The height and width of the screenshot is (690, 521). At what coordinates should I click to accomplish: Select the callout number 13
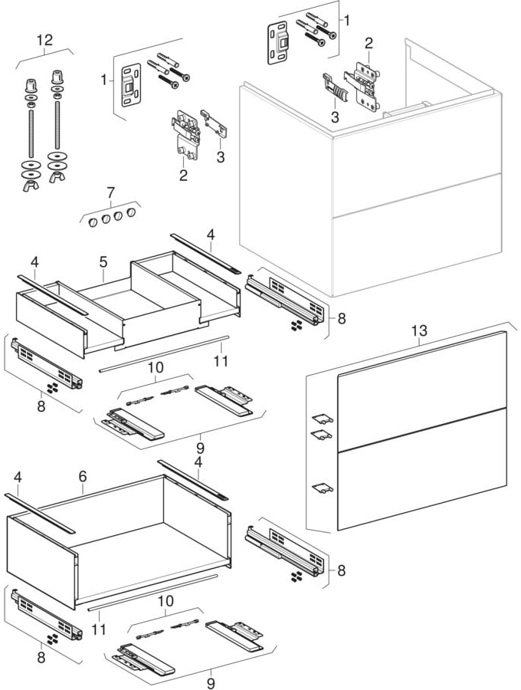pyautogui.click(x=418, y=330)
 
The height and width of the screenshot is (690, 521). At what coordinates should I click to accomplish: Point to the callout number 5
pyautogui.click(x=102, y=261)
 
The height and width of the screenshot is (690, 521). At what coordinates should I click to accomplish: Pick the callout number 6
pyautogui.click(x=81, y=477)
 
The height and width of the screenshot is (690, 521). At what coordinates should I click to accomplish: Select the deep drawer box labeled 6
pyautogui.click(x=115, y=544)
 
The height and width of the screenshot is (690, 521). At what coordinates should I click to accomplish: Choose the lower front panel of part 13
pyautogui.click(x=421, y=468)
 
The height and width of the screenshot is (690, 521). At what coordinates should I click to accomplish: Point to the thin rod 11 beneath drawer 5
pyautogui.click(x=164, y=352)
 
